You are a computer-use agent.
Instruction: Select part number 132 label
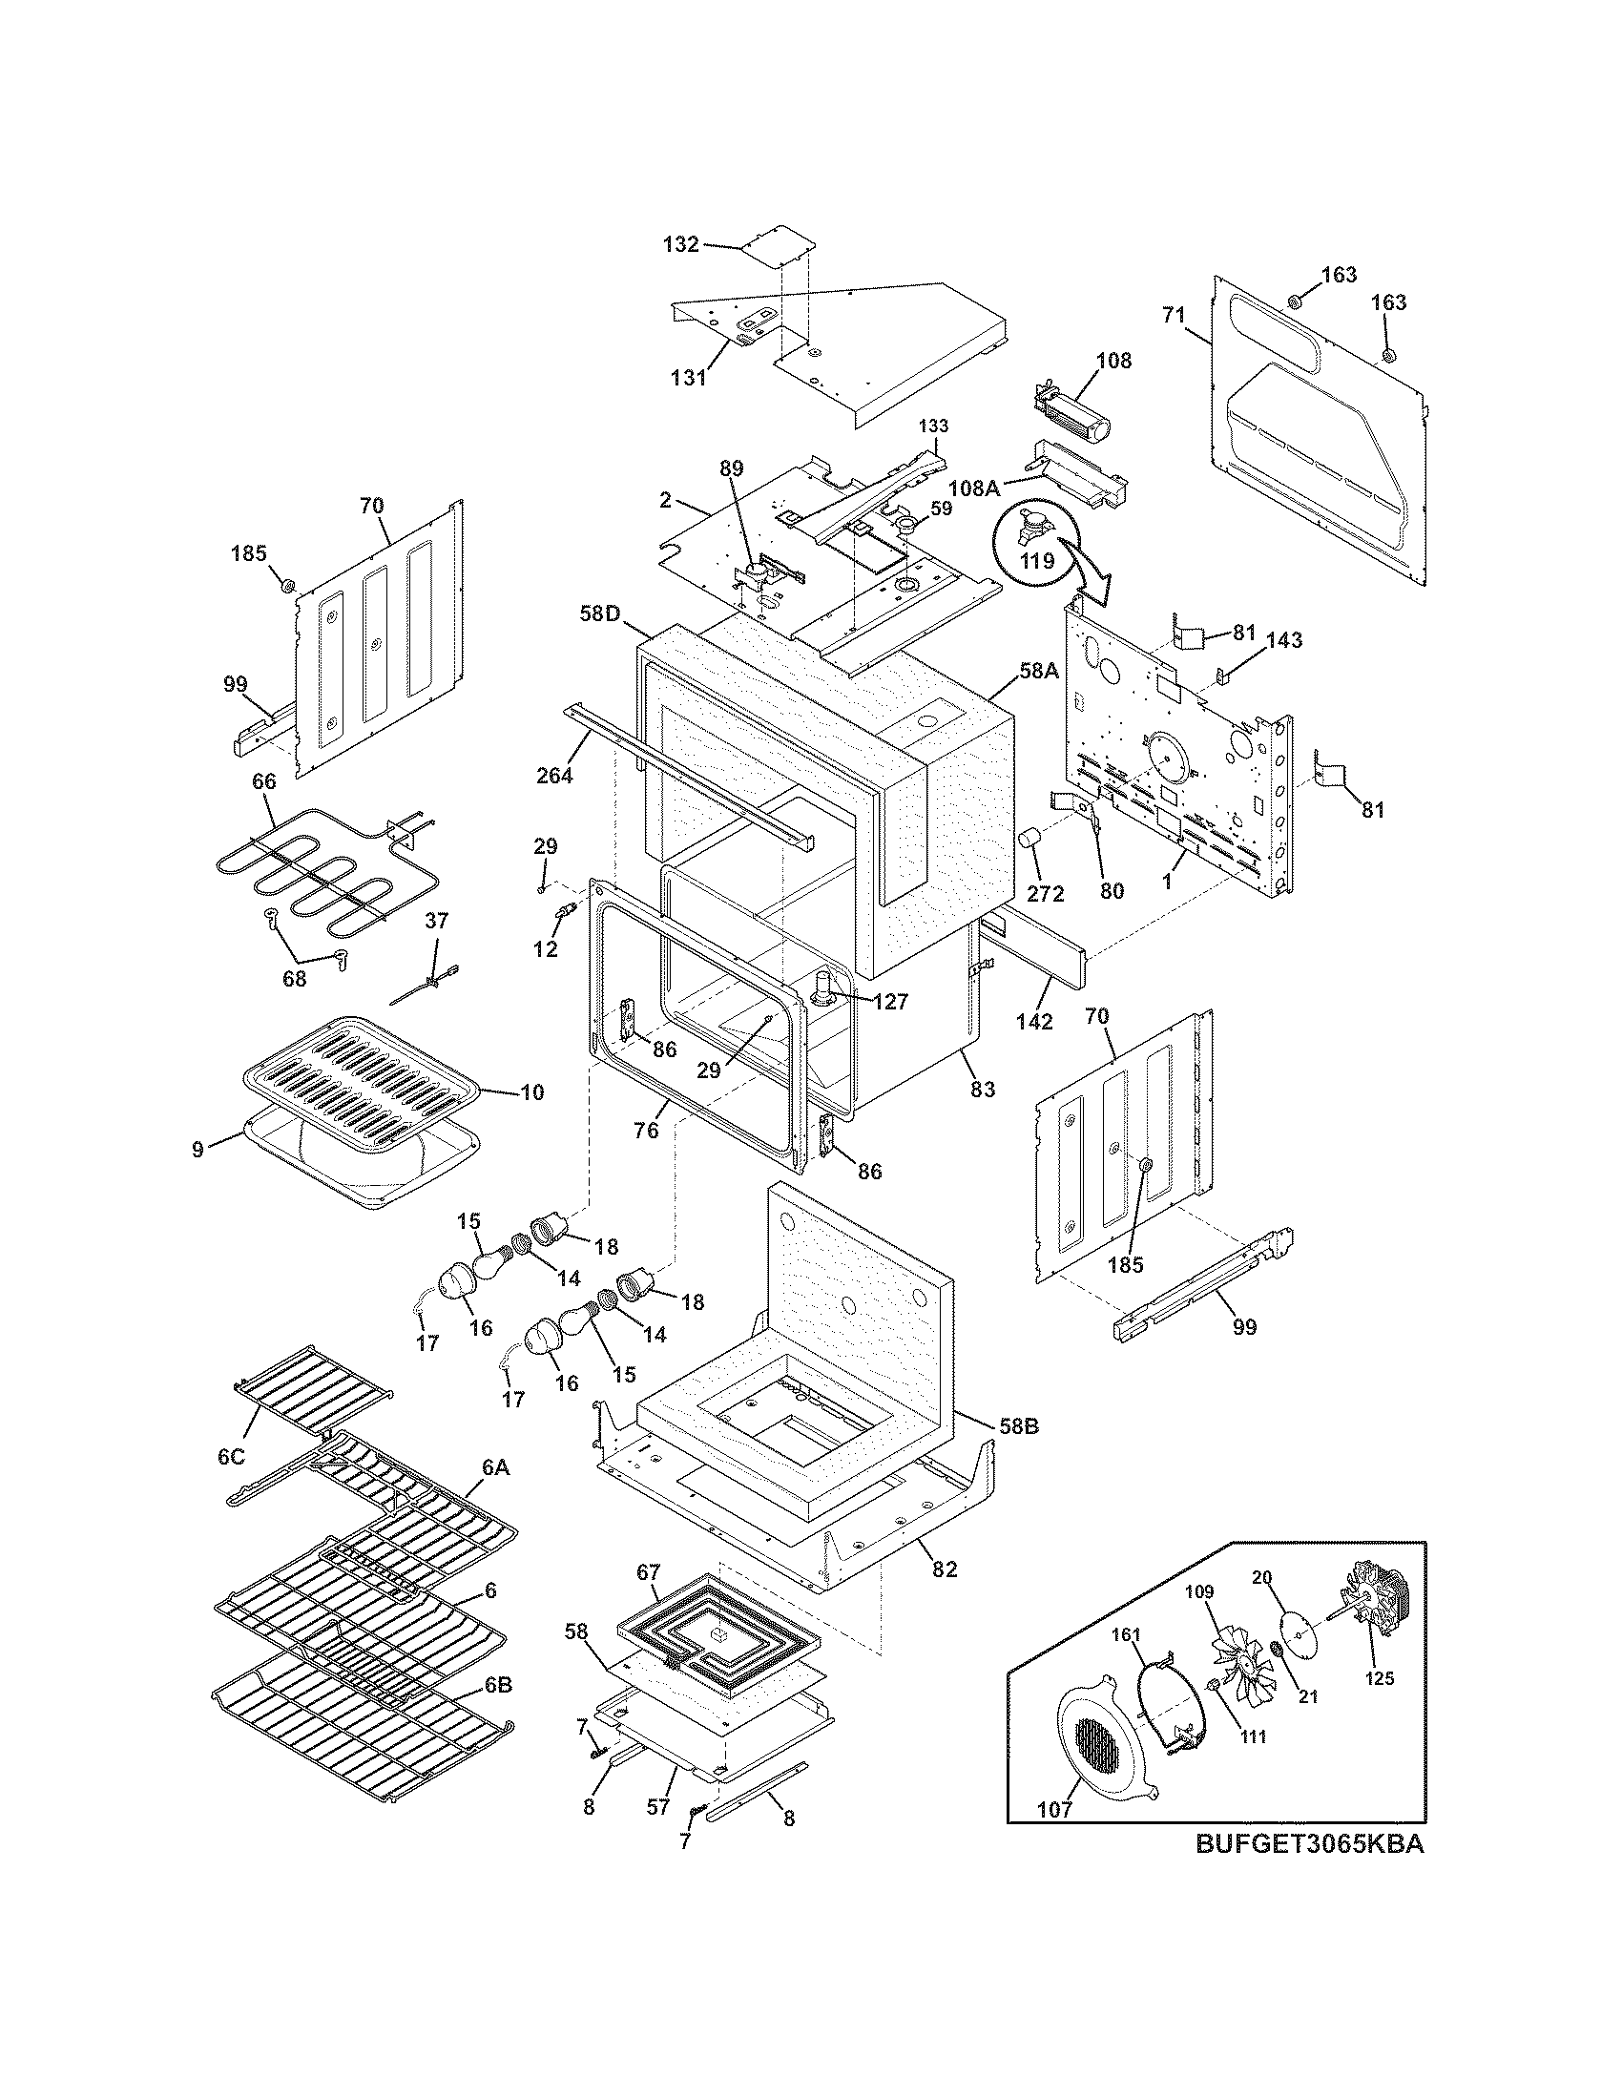(x=680, y=244)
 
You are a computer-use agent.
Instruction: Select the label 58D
(x=598, y=613)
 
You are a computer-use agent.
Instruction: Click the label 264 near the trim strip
(x=554, y=774)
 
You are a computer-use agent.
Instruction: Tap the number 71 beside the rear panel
(x=1173, y=314)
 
